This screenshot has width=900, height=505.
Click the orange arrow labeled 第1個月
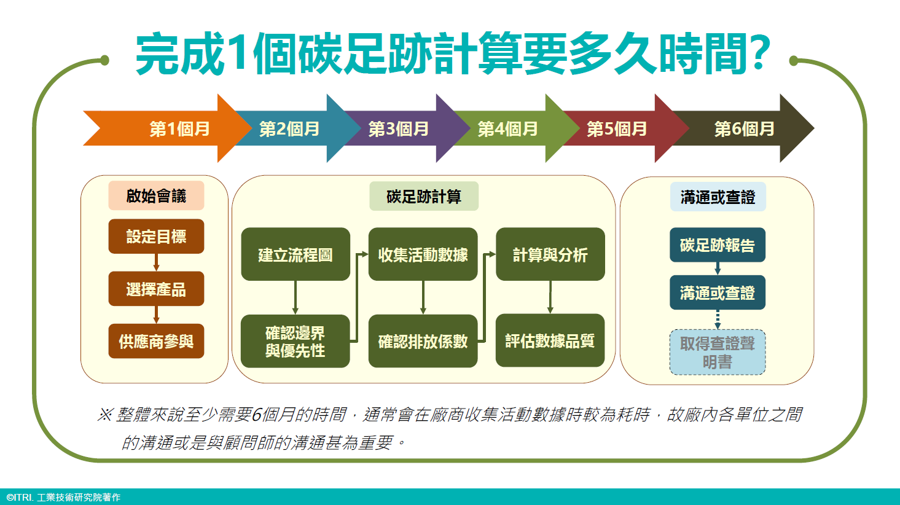(169, 128)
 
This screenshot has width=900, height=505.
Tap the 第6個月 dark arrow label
(744, 129)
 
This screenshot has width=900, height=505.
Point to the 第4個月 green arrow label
(507, 129)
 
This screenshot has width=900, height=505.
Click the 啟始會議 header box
(156, 195)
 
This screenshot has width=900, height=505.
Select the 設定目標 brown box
(156, 237)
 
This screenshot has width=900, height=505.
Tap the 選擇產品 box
(156, 289)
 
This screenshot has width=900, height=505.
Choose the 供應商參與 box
(156, 341)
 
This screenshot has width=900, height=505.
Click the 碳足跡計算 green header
(424, 196)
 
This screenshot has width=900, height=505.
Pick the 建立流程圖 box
(295, 254)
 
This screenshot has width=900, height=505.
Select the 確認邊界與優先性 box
(295, 341)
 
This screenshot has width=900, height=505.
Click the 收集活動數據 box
(423, 254)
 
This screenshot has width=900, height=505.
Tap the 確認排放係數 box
(423, 341)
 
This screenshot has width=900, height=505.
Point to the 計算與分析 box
(550, 254)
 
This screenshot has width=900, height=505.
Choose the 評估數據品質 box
(550, 341)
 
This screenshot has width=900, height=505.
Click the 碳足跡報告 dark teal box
(718, 245)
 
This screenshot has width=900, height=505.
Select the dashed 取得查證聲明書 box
(718, 353)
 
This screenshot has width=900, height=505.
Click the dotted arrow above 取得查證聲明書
(718, 320)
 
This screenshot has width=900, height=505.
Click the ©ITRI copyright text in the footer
(63, 498)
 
